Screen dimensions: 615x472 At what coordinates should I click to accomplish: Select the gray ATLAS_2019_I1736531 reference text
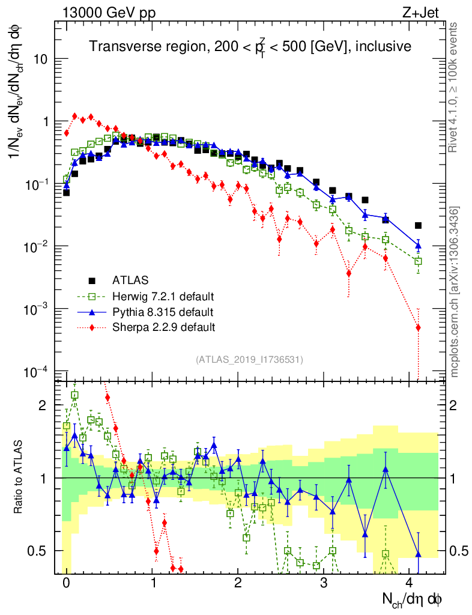pyautogui.click(x=249, y=360)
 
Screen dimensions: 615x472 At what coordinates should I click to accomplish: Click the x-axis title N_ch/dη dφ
pyautogui.click(x=413, y=599)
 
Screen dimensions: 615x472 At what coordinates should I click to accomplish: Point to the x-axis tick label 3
pyautogui.click(x=324, y=583)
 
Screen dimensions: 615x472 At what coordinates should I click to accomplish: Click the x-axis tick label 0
pyautogui.click(x=66, y=583)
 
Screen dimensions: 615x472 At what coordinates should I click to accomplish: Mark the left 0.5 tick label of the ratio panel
pyautogui.click(x=43, y=551)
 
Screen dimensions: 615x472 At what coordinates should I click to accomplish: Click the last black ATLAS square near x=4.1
pyautogui.click(x=418, y=226)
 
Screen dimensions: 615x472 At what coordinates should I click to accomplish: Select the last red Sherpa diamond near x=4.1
pyautogui.click(x=418, y=327)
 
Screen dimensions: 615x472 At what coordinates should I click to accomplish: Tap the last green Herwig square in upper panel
pyautogui.click(x=418, y=261)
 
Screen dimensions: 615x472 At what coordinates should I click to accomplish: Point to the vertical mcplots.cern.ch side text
pyautogui.click(x=455, y=291)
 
